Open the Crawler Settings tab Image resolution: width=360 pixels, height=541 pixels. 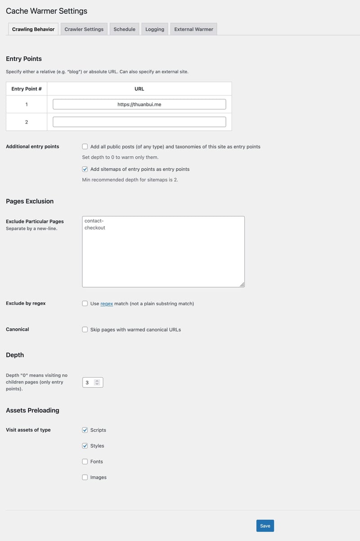tap(84, 29)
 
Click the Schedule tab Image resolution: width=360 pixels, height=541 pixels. tap(124, 29)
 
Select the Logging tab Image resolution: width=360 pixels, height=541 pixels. tap(155, 29)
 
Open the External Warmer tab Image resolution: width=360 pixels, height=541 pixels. tap(193, 29)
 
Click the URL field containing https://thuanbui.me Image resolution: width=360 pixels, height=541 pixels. tap(139, 104)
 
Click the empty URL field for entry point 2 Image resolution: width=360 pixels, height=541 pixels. tap(139, 122)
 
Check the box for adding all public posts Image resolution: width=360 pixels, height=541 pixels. tap(85, 147)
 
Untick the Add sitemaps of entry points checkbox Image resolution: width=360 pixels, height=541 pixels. tap(85, 169)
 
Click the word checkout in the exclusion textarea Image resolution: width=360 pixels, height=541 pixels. tap(95, 228)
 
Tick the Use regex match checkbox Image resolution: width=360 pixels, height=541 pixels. tap(85, 303)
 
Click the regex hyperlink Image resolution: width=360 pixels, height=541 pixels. tap(107, 304)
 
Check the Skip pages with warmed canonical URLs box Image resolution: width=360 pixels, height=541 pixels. tap(85, 329)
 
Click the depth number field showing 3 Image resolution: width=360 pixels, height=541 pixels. tap(89, 383)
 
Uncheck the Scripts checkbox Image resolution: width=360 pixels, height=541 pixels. tap(85, 430)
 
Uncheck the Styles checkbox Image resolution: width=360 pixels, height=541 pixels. tap(85, 446)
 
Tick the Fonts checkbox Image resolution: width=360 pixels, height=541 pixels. tap(85, 461)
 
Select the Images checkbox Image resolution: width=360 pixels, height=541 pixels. tap(85, 477)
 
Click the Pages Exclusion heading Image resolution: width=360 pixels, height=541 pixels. tap(30, 201)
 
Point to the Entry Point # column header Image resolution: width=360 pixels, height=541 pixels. tap(27, 89)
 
